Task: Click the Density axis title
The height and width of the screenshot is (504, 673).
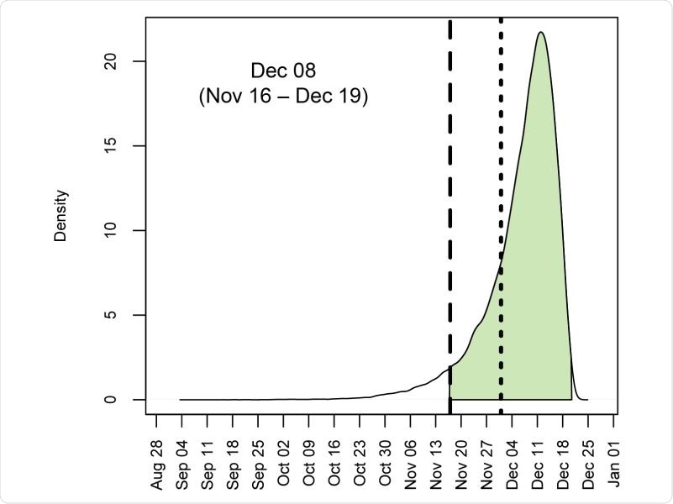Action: point(60,217)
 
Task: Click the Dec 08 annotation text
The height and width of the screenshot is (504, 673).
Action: point(283,70)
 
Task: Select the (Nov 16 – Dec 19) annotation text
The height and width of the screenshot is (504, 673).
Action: point(283,97)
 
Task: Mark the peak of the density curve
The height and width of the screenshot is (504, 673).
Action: point(540,33)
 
